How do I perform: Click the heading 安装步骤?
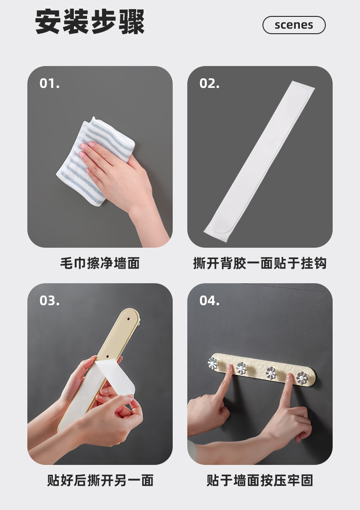[x=89, y=22]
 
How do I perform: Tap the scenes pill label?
[x=294, y=25]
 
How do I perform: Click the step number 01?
[x=50, y=84]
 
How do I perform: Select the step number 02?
[x=209, y=84]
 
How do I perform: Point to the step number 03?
[x=50, y=301]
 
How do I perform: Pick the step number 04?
[x=209, y=301]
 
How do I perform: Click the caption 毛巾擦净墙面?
[x=100, y=263]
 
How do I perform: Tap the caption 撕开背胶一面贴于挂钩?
[x=260, y=263]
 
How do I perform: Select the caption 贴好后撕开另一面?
[x=100, y=480]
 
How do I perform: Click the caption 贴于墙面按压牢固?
[x=260, y=480]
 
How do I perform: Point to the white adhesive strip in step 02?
[x=259, y=161]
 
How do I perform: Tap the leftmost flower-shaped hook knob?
[x=212, y=363]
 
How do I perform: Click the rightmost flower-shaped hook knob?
[x=303, y=378]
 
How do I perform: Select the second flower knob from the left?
[x=241, y=368]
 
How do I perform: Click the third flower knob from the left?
[x=271, y=372]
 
